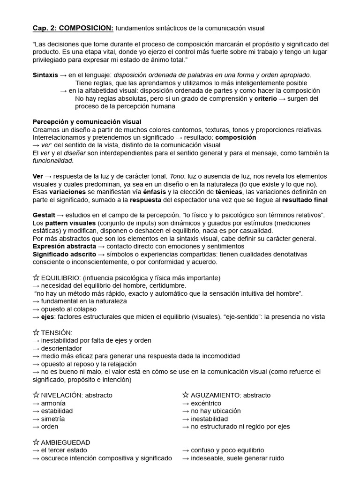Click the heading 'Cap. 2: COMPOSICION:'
click(x=73, y=29)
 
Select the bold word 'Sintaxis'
click(x=45, y=75)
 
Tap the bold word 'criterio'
click(x=265, y=98)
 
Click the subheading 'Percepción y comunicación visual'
click(x=87, y=122)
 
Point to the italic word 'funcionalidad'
click(x=52, y=161)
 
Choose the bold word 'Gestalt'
click(x=44, y=215)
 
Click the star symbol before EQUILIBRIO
click(x=36, y=277)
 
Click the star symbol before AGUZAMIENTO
click(x=186, y=395)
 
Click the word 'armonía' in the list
click(x=53, y=403)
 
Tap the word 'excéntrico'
click(x=206, y=403)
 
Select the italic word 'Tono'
click(x=178, y=176)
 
